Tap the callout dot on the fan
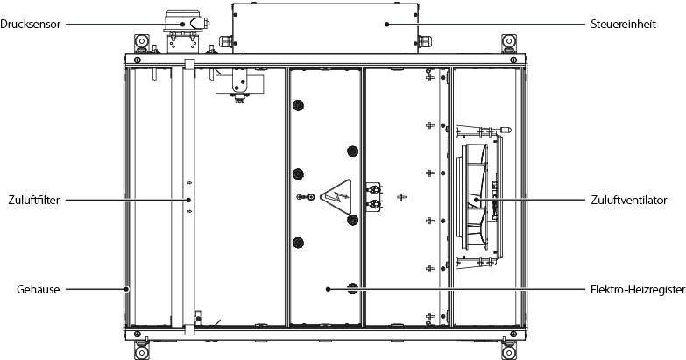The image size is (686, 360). (x=477, y=200)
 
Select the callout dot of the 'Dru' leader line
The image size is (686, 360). (x=182, y=25)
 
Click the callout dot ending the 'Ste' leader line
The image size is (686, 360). (x=386, y=25)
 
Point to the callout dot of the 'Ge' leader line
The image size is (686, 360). (x=126, y=288)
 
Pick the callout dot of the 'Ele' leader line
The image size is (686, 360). (x=328, y=288)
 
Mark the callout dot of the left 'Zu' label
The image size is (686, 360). (x=188, y=200)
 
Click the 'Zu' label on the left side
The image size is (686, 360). (x=34, y=200)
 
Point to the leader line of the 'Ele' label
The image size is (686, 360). (x=456, y=288)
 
